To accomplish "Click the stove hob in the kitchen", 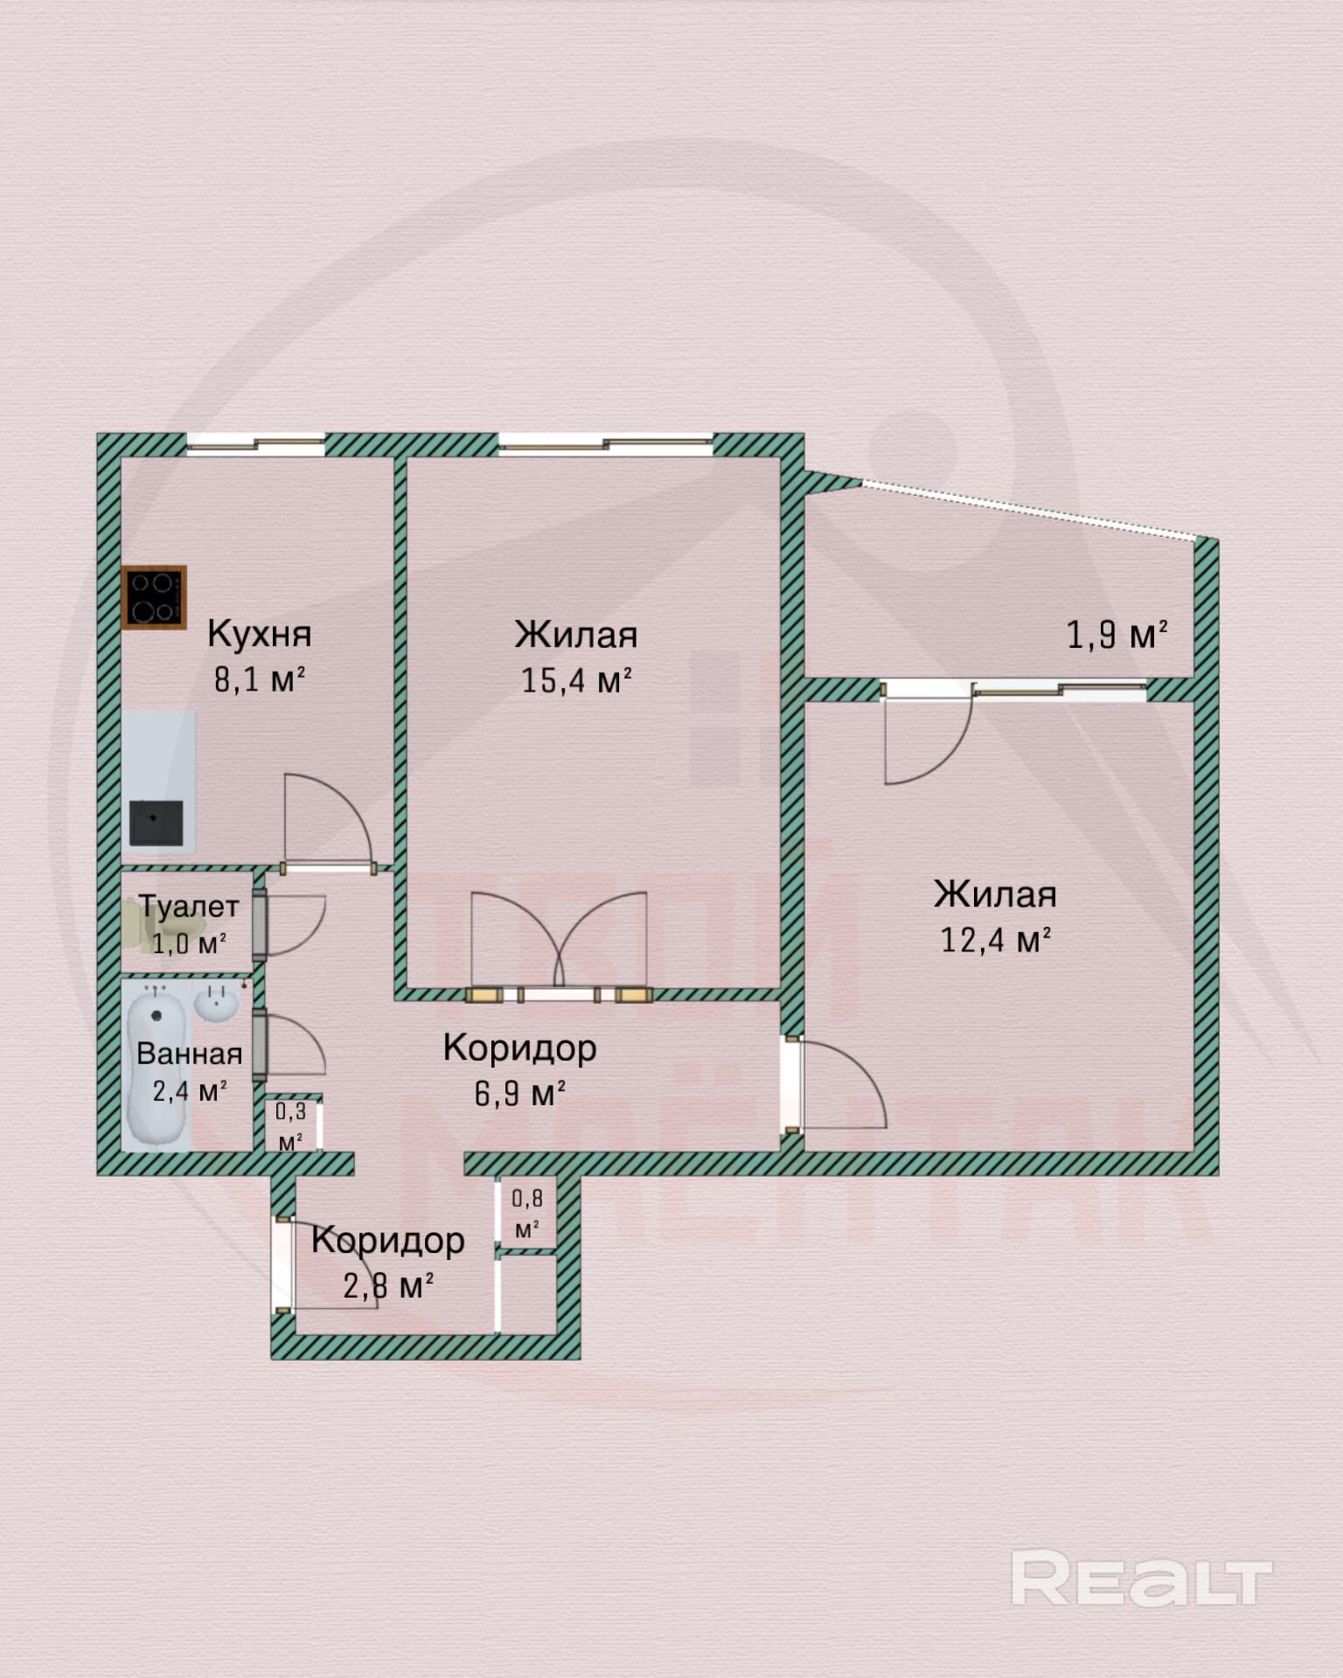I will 155,597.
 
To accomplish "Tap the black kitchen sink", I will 157,822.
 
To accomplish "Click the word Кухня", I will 260,634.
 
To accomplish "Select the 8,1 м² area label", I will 260,679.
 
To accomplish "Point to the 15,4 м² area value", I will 576,680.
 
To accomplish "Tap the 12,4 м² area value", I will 995,940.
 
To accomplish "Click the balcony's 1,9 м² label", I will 1117,635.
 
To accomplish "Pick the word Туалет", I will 189,907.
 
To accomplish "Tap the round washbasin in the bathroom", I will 215,1003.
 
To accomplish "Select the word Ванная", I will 190,1054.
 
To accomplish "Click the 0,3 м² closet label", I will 291,1125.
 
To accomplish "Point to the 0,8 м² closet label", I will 526,1213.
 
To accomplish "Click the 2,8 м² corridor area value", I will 388,1286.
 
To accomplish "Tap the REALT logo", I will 1140,1578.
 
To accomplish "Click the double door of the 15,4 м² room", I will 559,944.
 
